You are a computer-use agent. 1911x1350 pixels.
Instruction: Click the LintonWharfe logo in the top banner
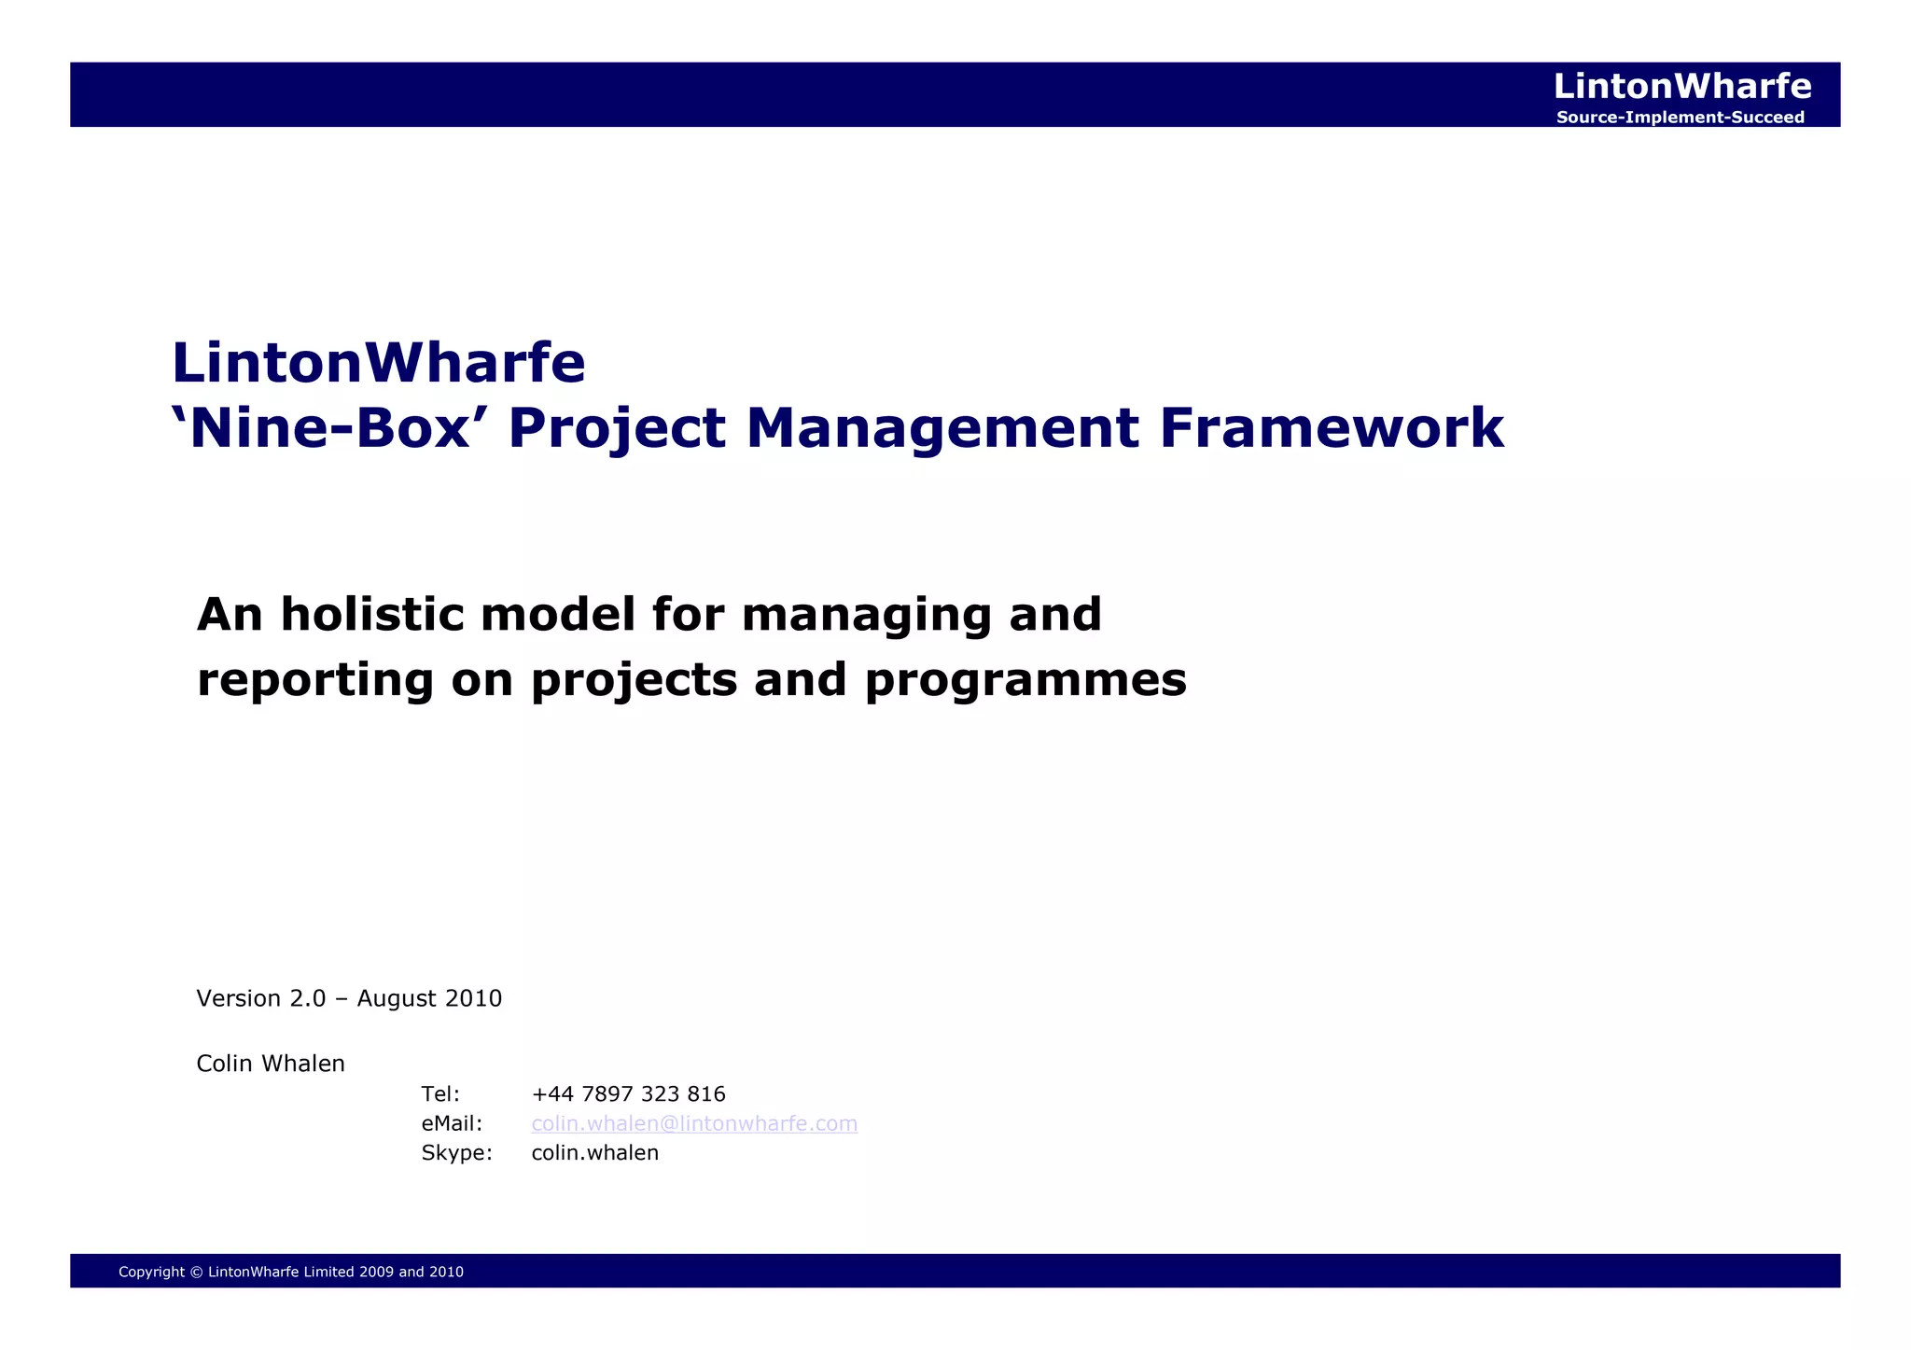[x=1681, y=87]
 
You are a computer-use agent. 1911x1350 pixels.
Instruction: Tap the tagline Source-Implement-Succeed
[x=1680, y=118]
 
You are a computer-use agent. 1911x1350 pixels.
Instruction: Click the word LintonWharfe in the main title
[x=378, y=363]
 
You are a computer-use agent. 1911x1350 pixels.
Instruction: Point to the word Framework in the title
[x=1331, y=428]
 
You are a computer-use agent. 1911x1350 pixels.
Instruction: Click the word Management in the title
[x=942, y=428]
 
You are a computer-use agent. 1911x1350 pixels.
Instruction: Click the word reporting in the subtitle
[x=315, y=680]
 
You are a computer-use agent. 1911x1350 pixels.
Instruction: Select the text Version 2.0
[x=260, y=999]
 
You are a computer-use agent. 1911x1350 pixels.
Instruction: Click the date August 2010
[x=429, y=999]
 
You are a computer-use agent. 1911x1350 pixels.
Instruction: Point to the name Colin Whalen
[x=271, y=1064]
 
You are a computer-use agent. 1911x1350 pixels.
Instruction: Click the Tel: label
[x=440, y=1094]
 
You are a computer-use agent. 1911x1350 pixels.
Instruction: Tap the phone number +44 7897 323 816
[x=628, y=1094]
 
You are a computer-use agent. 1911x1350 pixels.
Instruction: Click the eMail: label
[x=452, y=1123]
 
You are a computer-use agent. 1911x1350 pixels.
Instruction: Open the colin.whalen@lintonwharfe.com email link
[x=694, y=1123]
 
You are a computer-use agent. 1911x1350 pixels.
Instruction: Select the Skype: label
[x=456, y=1153]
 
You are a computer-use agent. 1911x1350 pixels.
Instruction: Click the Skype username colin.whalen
[x=594, y=1153]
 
